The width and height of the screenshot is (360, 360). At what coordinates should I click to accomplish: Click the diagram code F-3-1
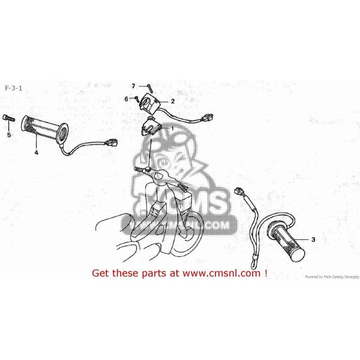[14, 88]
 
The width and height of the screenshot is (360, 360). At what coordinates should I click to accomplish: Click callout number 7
[134, 86]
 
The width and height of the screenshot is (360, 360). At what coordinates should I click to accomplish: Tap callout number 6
[127, 98]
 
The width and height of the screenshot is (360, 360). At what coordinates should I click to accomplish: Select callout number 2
[172, 101]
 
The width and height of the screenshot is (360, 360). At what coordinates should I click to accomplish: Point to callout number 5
[9, 135]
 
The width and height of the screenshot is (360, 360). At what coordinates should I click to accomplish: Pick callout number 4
[36, 152]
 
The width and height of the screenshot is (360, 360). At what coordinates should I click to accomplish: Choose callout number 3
[311, 238]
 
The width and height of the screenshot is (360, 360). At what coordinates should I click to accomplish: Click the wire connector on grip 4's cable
[110, 144]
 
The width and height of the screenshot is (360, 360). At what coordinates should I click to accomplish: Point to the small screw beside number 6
[137, 98]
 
